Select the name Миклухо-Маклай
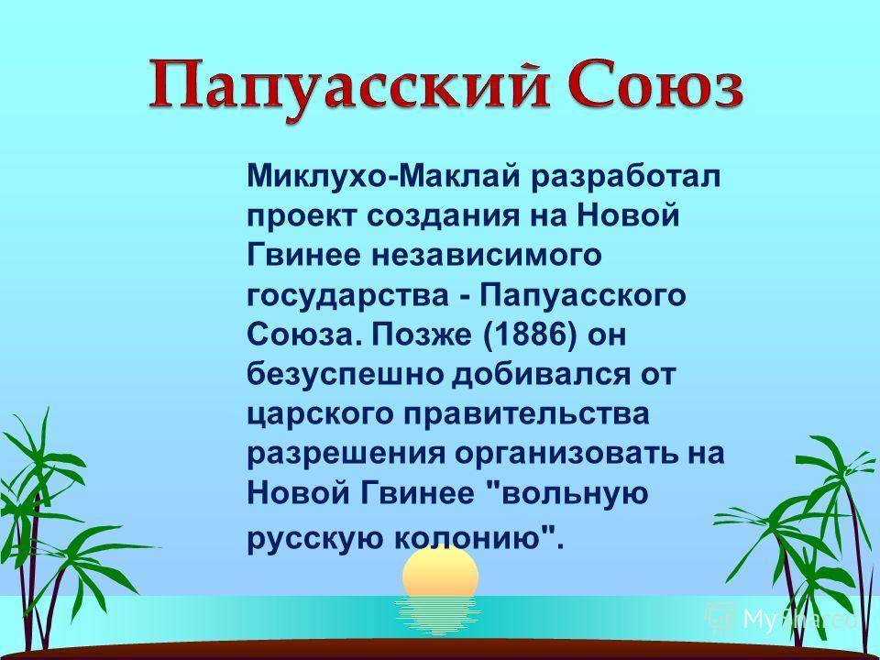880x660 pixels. [385, 176]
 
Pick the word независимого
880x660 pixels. [486, 256]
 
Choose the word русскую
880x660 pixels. [316, 539]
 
